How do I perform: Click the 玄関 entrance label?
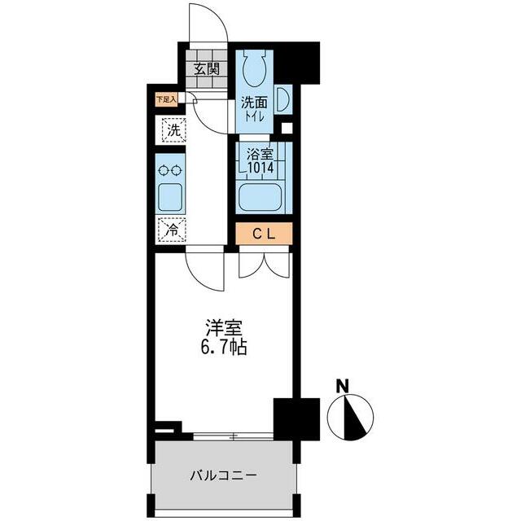click(x=207, y=69)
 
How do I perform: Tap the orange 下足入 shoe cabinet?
click(x=166, y=99)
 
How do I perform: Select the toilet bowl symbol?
click(x=255, y=68)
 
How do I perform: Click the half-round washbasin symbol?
click(x=283, y=99)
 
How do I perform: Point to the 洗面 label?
click(x=254, y=103)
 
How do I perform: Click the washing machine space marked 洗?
click(x=173, y=130)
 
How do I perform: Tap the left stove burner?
click(x=164, y=171)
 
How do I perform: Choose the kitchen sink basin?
click(x=170, y=197)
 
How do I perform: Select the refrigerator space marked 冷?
click(x=172, y=230)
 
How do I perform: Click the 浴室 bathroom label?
click(x=260, y=154)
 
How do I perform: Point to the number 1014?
click(x=261, y=168)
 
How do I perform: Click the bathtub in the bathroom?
click(x=260, y=197)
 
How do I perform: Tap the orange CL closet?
click(x=264, y=234)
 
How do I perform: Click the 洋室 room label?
click(x=223, y=328)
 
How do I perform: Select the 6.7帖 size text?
click(x=223, y=348)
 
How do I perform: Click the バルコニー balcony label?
click(x=223, y=475)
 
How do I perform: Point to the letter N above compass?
click(x=343, y=386)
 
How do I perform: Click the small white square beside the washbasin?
click(x=287, y=128)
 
